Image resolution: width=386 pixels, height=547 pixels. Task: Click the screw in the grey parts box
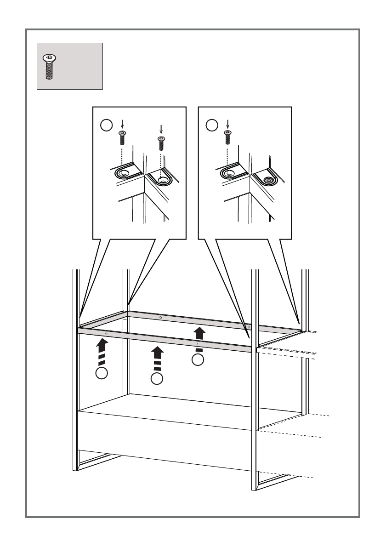pos(48,67)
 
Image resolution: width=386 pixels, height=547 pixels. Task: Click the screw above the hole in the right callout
pos(227,138)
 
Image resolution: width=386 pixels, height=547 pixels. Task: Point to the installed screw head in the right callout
pos(267,180)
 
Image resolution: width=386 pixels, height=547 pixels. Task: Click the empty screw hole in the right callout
pos(228,173)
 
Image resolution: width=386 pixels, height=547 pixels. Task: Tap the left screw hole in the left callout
pos(123,173)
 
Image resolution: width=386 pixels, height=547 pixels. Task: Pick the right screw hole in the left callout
pos(161,180)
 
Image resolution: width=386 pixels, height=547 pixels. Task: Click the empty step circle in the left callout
pos(106,125)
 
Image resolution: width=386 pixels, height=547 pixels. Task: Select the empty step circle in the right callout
pos(211,125)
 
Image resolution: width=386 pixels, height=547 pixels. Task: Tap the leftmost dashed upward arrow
pos(102,350)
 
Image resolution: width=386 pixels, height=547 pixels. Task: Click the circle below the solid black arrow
pos(198,360)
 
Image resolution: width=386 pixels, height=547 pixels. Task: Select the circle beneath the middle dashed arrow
pos(157,379)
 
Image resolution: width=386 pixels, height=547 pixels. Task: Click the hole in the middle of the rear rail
pos(160,317)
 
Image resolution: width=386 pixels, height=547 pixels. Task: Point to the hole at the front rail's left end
pos(106,333)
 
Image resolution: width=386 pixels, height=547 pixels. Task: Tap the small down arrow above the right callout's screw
pos(227,124)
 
